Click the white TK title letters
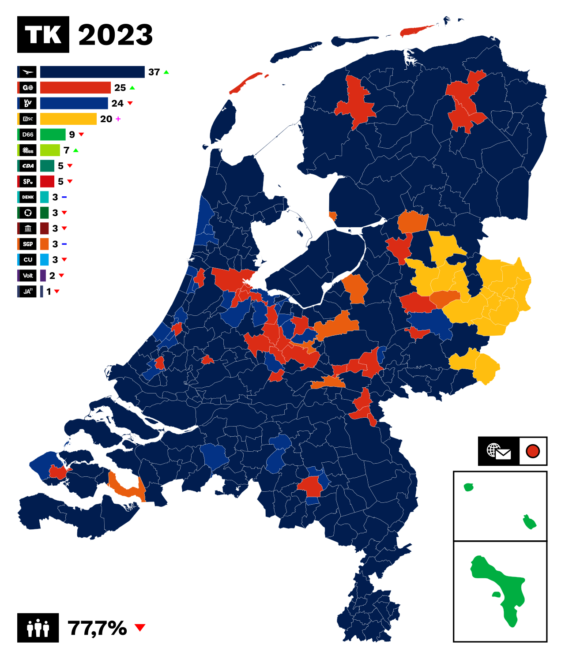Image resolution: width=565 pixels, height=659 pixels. pos(43,35)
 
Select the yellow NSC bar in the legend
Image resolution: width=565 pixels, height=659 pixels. pos(68,119)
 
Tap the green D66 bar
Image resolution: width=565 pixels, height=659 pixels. pos(53,135)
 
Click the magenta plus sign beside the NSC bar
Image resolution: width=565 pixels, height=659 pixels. pos(118,119)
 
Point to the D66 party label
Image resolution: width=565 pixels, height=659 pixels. pos(28,135)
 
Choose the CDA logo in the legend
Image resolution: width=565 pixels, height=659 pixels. pos(28,166)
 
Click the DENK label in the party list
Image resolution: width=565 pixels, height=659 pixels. pos(28,197)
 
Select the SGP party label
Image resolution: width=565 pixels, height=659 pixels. pos(28,244)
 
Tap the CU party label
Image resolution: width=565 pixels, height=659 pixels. pos(28,260)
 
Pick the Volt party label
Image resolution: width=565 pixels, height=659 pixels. pos(28,276)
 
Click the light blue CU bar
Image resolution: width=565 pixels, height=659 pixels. pos(45,260)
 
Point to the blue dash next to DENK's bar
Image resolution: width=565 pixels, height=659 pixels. pos(64,197)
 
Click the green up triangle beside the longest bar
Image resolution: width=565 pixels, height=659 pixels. pos(166,72)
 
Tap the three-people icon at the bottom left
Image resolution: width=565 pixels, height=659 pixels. pos(38,628)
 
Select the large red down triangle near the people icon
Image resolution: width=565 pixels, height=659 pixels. pos(139,627)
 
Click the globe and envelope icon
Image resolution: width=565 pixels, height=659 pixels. pos(498,452)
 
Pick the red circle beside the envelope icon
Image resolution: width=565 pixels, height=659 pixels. pos(533,451)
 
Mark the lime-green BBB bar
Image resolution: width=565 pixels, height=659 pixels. pos(50,150)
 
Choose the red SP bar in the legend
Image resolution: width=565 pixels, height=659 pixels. pos(47,181)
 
